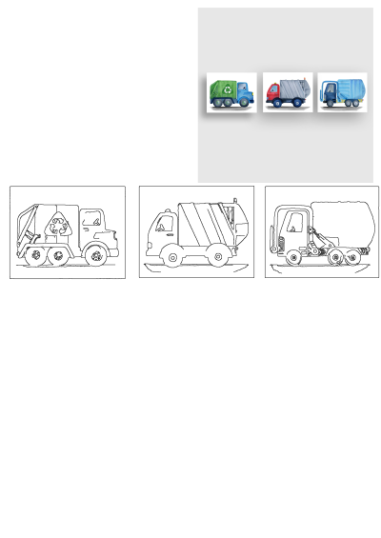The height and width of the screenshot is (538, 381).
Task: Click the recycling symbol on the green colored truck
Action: (x=222, y=91)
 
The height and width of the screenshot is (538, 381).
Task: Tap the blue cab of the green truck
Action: (x=244, y=93)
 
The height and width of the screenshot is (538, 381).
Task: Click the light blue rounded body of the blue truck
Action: (x=351, y=91)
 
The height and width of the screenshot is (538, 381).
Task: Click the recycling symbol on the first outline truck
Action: (x=61, y=227)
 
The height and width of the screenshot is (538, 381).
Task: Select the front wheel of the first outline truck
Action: (x=94, y=255)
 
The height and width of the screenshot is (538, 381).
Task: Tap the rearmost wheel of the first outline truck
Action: (x=34, y=255)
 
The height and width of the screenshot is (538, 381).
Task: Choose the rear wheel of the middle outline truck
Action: (x=218, y=255)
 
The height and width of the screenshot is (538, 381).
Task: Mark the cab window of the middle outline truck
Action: (x=164, y=226)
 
